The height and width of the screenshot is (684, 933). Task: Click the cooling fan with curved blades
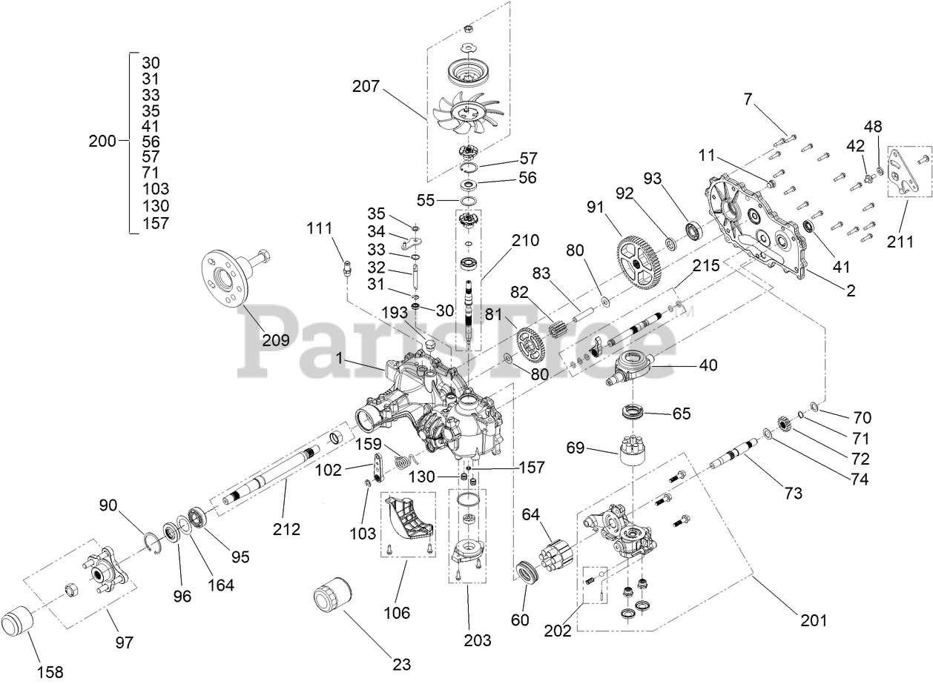(x=467, y=111)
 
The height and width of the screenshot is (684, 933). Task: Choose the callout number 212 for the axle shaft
(x=286, y=529)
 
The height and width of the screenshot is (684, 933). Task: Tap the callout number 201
(x=812, y=620)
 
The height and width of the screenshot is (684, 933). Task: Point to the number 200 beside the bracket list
(x=102, y=141)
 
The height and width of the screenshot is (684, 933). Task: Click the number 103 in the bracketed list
(x=155, y=189)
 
